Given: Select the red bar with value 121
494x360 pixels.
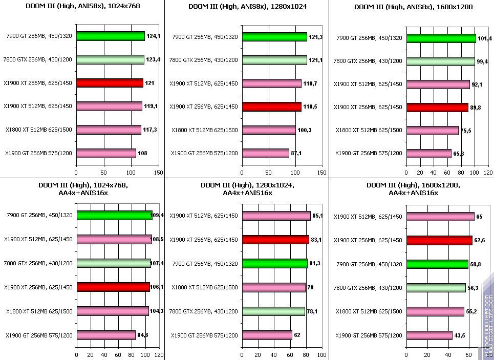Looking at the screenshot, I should click(x=110, y=83).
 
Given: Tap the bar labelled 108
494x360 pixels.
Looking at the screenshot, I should click(x=106, y=153).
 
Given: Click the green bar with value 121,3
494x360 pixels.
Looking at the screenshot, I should click(x=274, y=37).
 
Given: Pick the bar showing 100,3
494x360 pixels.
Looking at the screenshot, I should click(x=269, y=130).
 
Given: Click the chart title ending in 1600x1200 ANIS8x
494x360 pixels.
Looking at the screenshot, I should click(x=413, y=7).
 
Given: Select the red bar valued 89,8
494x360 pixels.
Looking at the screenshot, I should click(x=437, y=108).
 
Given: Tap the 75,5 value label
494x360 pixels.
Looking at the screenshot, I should click(x=466, y=131).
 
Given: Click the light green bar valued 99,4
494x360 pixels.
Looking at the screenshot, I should click(x=440, y=61).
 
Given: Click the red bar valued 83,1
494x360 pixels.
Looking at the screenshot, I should click(x=275, y=239).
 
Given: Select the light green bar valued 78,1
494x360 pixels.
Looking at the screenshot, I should click(x=273, y=311).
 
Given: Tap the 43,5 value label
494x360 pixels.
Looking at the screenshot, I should click(x=462, y=335).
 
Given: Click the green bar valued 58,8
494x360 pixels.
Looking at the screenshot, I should click(x=437, y=264).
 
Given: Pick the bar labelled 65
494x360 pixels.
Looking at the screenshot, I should click(x=440, y=217).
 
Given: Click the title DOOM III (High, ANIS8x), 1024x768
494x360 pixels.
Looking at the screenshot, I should click(x=82, y=7).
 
